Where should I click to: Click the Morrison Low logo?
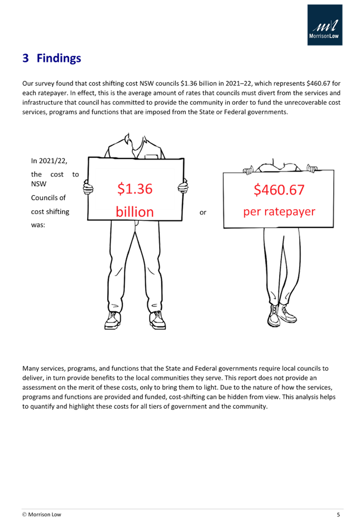(325, 25)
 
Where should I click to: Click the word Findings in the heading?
(59, 58)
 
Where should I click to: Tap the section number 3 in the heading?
(26, 58)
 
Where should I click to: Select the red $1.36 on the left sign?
(135, 188)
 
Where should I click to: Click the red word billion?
(135, 212)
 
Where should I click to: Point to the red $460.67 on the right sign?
(279, 190)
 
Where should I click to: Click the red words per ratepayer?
(279, 212)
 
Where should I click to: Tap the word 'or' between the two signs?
(203, 212)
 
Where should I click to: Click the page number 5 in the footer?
(338, 515)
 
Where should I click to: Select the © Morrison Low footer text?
(42, 515)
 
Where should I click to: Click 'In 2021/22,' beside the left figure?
(49, 161)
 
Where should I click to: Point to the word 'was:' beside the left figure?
(38, 225)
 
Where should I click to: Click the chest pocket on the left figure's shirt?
(151, 156)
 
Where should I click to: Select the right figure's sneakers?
(282, 315)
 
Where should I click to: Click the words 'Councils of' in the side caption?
(49, 198)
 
